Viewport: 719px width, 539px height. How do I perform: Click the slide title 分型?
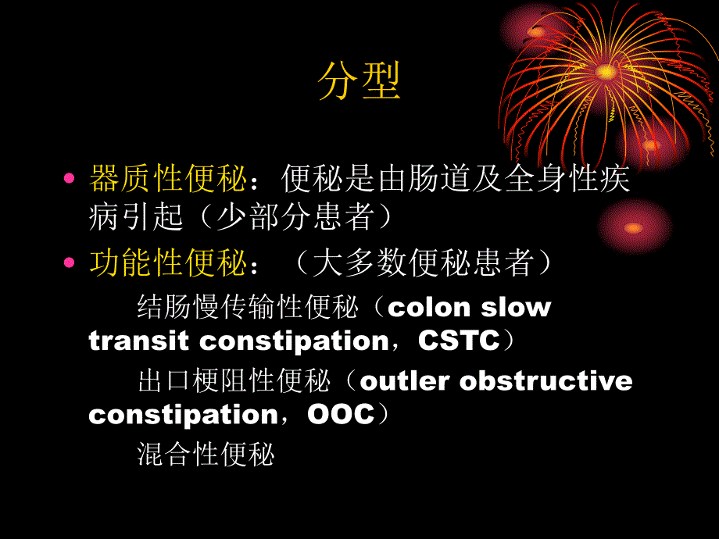coord(359,82)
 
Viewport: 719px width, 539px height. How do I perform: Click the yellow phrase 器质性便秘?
coord(169,180)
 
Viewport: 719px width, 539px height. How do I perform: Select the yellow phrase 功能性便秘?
coord(169,264)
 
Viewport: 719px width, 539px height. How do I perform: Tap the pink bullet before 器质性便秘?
coord(70,179)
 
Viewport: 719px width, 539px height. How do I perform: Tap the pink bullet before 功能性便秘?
coord(70,263)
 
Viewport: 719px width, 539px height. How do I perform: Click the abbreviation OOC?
coord(342,414)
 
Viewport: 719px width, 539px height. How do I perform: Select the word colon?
coord(429,307)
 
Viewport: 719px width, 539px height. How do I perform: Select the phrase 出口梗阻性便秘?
coord(234,381)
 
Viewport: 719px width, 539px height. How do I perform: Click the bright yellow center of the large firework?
coord(605,71)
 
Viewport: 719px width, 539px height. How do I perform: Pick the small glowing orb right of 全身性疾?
coord(633,227)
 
